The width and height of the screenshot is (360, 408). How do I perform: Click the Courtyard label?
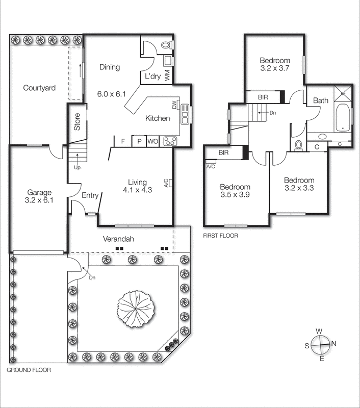[39, 88]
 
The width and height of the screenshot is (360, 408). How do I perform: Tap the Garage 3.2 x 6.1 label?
[39, 196]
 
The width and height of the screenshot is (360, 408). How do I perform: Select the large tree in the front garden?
[135, 308]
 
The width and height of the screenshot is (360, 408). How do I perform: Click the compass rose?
[320, 345]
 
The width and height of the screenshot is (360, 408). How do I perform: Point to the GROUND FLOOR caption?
[28, 371]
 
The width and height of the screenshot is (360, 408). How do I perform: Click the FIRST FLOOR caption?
[220, 236]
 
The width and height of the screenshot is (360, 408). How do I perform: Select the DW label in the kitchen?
[174, 106]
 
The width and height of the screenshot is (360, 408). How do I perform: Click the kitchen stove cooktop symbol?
[169, 142]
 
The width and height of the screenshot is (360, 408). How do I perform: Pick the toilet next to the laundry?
[166, 45]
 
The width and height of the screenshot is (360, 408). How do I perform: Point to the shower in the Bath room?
[343, 93]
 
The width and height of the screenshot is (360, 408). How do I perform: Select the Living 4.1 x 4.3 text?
[137, 186]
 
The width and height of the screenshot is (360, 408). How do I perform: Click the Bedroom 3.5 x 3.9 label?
[235, 191]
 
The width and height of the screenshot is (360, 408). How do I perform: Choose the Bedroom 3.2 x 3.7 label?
[275, 63]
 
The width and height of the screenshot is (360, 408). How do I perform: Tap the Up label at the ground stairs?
[77, 167]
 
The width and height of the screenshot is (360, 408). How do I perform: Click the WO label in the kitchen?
[152, 141]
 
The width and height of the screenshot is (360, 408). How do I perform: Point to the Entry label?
[90, 195]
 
